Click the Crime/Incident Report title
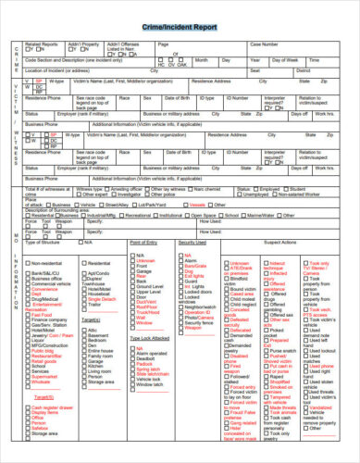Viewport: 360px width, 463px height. (180, 30)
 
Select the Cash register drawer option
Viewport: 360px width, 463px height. (26, 407)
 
